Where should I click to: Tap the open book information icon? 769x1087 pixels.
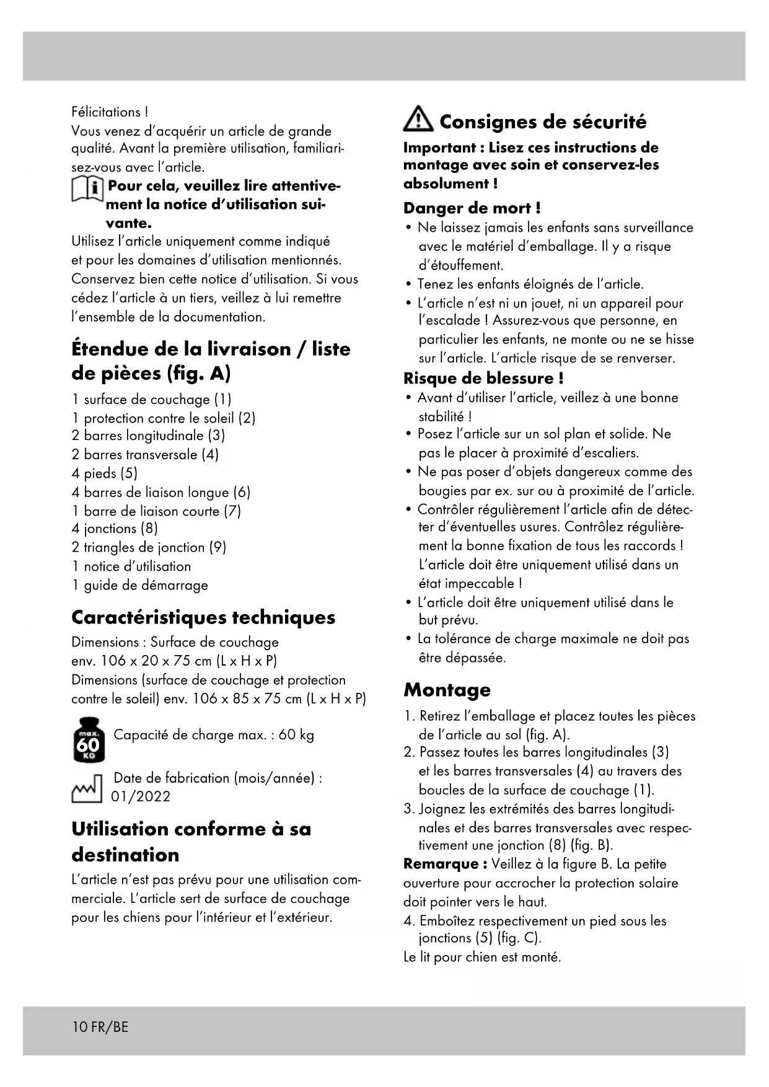click(87, 188)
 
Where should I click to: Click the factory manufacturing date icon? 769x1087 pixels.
click(87, 788)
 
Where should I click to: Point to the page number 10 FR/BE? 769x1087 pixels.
click(100, 1027)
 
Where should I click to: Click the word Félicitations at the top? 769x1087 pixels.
click(106, 112)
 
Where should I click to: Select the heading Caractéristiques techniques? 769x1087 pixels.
click(203, 617)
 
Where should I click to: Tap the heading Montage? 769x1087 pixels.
click(447, 690)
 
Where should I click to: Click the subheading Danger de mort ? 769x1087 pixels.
click(472, 208)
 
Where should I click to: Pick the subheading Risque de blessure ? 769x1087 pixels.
click(483, 378)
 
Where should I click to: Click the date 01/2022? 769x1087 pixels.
click(141, 796)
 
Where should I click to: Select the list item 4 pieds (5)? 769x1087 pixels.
click(105, 473)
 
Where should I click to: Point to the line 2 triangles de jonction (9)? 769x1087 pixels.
click(149, 547)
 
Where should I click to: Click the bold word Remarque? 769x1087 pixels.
click(441, 864)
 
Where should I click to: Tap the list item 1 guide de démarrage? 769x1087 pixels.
click(139, 585)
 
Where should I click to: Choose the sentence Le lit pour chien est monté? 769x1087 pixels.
click(482, 957)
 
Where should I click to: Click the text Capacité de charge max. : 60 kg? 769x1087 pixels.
click(214, 735)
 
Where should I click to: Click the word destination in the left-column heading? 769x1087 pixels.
click(125, 855)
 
